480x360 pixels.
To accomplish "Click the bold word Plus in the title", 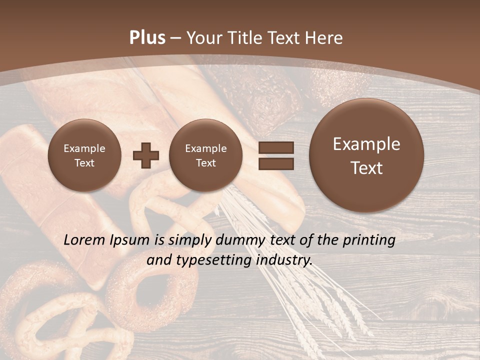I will [x=147, y=38].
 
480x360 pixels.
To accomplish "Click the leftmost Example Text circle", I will [x=84, y=155].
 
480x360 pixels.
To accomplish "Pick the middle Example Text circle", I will [x=205, y=155].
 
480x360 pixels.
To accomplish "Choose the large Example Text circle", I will [x=366, y=155].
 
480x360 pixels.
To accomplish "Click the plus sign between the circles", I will [x=145, y=155].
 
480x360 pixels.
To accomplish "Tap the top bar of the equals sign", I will [x=276, y=147].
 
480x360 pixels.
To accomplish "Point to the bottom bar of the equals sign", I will [x=276, y=163].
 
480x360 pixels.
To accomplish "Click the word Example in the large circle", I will [x=366, y=144].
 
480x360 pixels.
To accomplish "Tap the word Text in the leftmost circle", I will [x=84, y=163].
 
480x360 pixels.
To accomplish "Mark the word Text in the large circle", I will [x=366, y=168].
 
